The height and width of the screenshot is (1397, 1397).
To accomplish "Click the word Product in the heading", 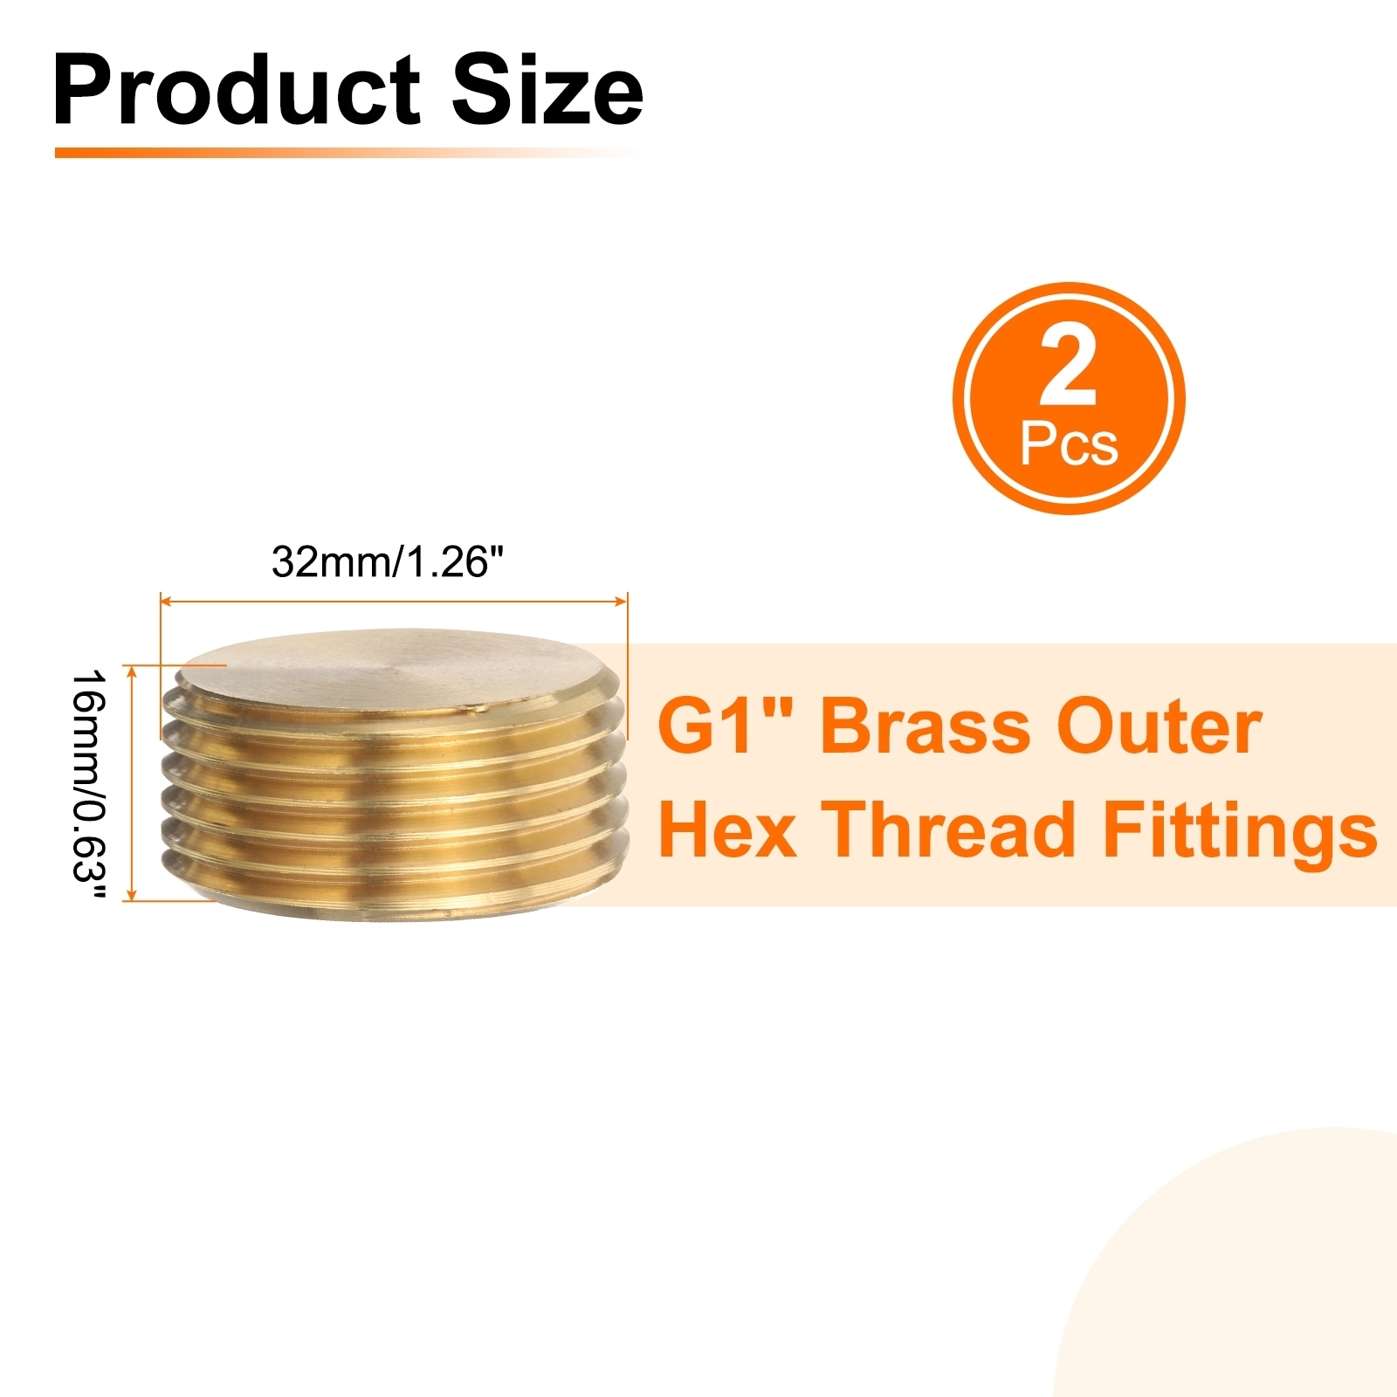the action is click(237, 90).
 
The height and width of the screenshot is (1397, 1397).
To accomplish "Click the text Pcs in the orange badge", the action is click(1069, 444).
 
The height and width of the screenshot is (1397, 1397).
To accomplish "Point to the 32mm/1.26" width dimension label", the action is click(388, 562).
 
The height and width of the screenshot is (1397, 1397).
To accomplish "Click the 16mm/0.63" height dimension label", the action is click(88, 788).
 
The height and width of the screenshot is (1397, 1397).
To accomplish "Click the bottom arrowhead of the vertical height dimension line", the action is click(132, 894).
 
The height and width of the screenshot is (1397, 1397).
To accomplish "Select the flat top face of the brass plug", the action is click(395, 669).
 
